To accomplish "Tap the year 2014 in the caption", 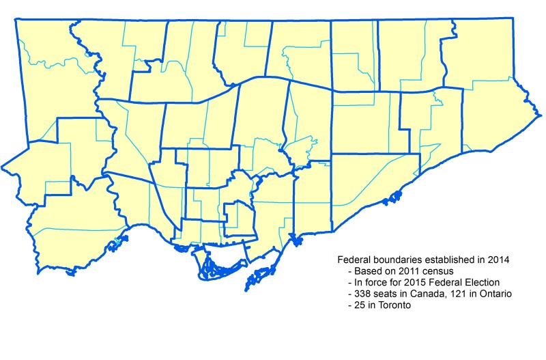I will point(494,260).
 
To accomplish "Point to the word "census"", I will point(434,271).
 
